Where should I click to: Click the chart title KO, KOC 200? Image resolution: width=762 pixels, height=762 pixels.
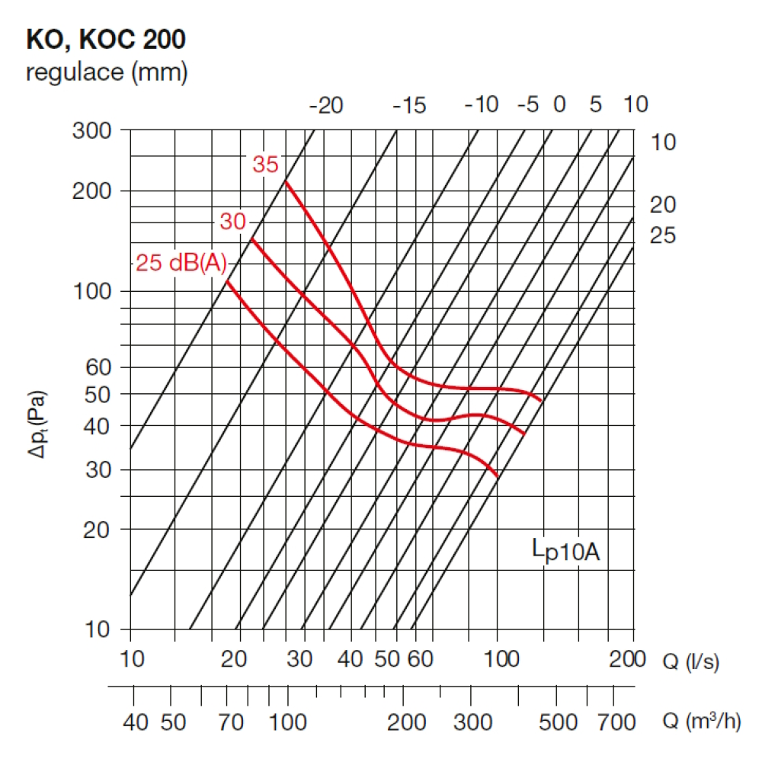pos(106,39)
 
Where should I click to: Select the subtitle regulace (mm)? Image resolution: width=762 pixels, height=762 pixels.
pos(107,73)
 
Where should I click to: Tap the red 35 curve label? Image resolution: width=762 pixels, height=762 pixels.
pos(266,164)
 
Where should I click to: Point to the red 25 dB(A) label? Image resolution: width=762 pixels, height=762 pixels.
pos(181,264)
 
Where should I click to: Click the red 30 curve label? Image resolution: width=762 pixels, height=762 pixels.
pos(233,222)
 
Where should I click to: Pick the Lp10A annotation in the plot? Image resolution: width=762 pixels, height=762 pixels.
pos(566,550)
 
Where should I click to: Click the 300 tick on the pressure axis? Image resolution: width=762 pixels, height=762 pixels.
pos(91,130)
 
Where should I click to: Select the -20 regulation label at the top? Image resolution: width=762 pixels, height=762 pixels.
pos(326,105)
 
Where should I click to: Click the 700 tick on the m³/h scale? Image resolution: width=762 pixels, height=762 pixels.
pos(614,722)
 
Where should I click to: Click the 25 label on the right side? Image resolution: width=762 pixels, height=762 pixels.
pos(662,236)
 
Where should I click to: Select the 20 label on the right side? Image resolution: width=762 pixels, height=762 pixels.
pos(662,204)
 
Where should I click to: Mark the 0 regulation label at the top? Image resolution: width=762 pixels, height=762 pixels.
pos(559,105)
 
